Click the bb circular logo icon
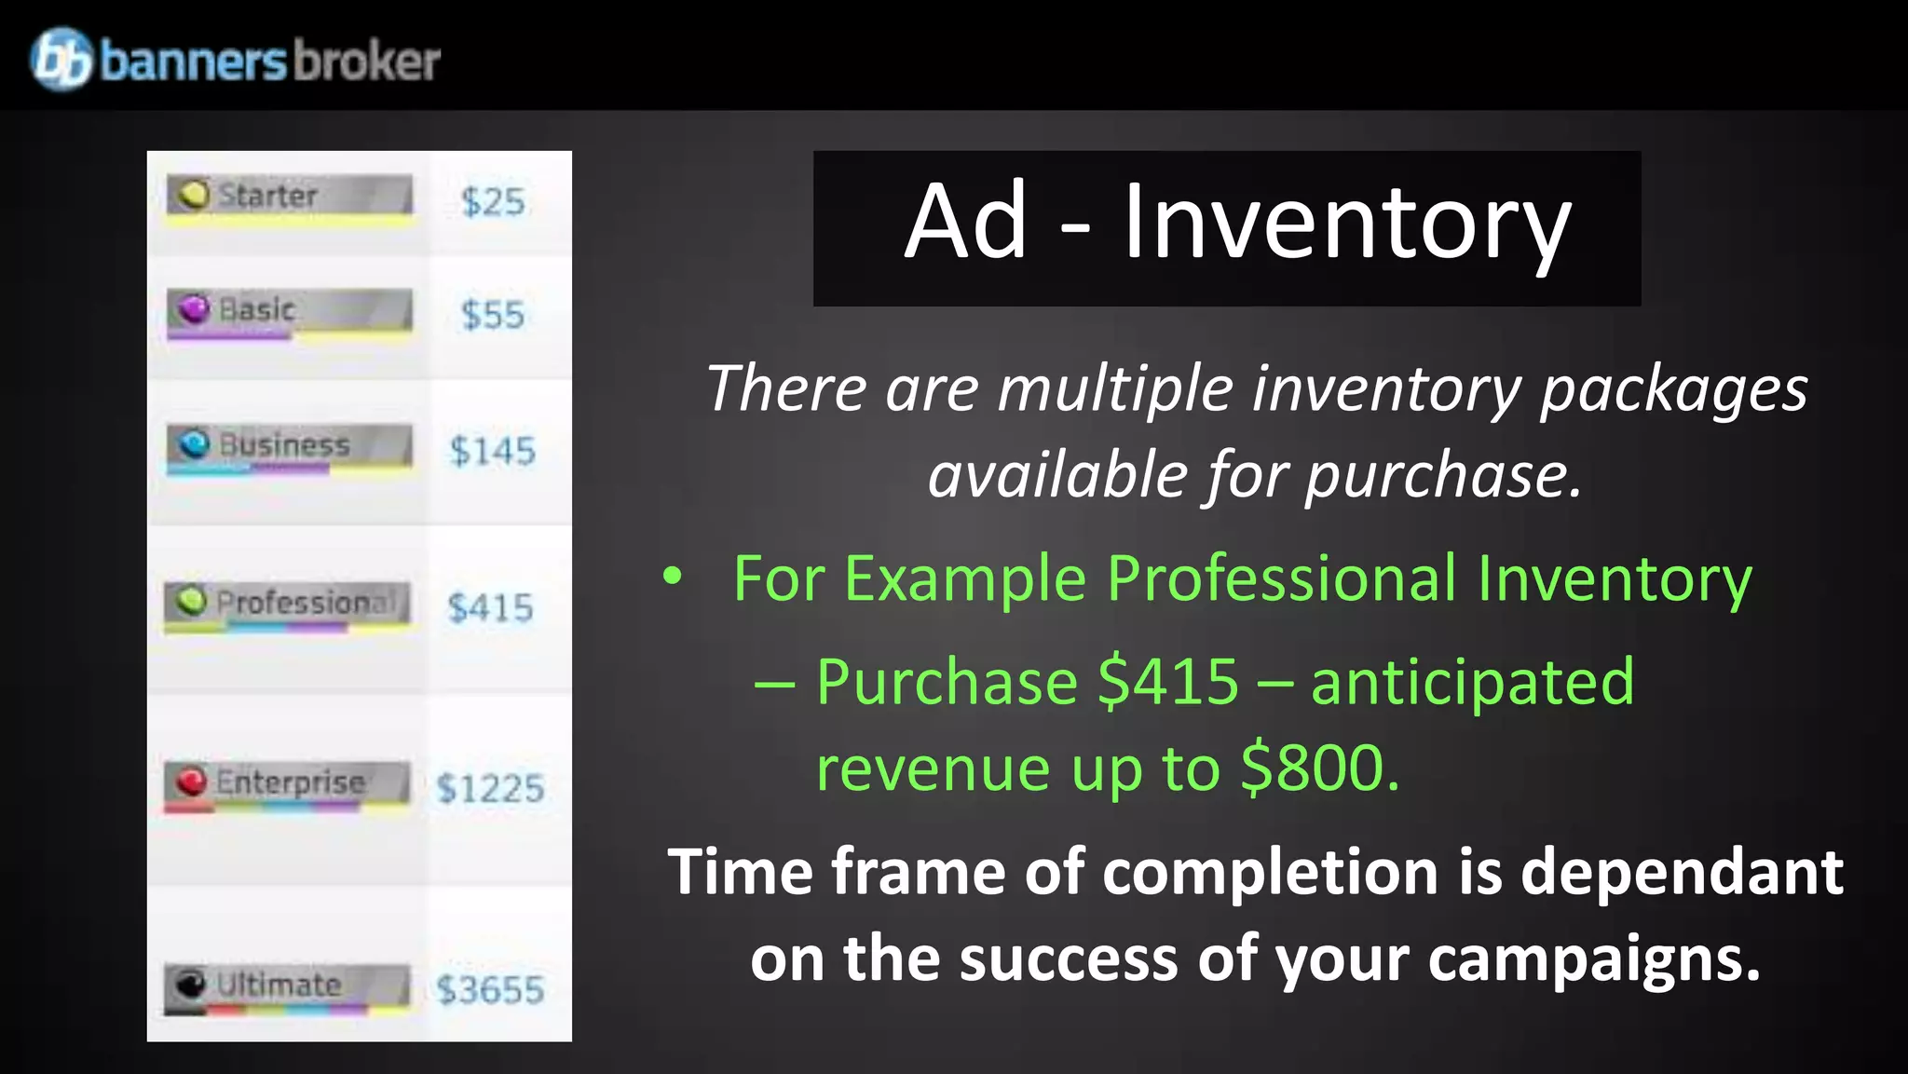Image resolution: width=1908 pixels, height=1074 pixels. click(61, 59)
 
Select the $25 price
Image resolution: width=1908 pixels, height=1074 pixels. click(493, 202)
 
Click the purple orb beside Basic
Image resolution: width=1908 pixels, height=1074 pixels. click(194, 308)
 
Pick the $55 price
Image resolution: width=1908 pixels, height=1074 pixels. click(493, 316)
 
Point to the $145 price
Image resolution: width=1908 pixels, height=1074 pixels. click(492, 452)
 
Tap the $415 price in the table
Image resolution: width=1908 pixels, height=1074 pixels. click(490, 608)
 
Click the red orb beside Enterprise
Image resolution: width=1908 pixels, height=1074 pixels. click(191, 781)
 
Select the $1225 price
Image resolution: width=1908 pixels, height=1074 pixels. click(490, 789)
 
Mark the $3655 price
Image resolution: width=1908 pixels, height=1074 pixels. click(490, 990)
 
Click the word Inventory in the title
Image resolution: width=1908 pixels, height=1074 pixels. click(1346, 224)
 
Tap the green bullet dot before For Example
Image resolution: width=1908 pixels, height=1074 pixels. click(672, 577)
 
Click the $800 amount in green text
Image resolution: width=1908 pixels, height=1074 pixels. click(1320, 768)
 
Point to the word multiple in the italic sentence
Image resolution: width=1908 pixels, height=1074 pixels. click(1115, 388)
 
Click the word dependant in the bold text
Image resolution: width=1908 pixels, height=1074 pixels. click(1682, 873)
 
